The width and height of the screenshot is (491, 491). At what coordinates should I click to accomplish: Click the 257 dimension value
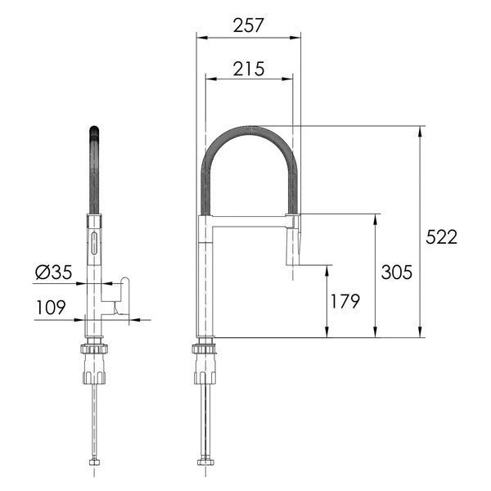[249, 25]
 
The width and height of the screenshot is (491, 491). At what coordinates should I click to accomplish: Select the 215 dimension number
[249, 69]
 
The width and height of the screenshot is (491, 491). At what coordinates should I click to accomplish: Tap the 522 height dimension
[442, 237]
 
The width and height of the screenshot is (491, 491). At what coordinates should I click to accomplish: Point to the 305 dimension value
[397, 272]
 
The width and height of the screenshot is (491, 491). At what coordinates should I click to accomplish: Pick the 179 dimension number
[345, 301]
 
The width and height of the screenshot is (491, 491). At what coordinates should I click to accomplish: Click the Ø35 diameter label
[54, 272]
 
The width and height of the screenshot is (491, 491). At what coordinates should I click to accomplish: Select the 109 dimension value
[51, 307]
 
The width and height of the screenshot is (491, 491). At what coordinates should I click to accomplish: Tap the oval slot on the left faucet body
[93, 243]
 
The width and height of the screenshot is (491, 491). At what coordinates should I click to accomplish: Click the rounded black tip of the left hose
[94, 130]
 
